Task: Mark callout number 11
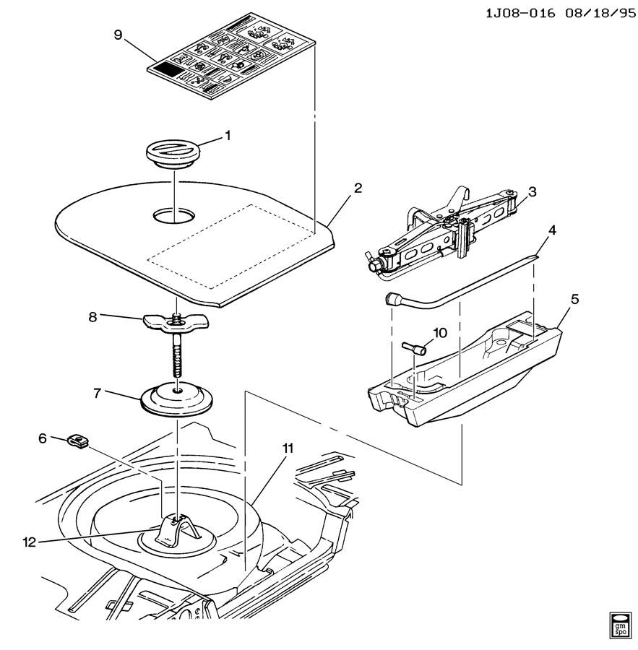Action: point(288,448)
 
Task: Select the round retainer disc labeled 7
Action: point(176,399)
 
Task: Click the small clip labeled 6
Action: point(78,441)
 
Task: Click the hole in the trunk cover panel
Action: point(173,215)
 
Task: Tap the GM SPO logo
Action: point(620,624)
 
